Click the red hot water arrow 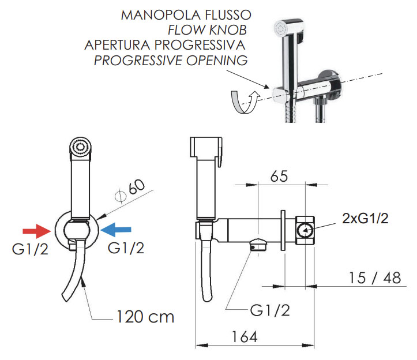click(37, 231)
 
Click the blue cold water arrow click(116, 230)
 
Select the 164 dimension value click(245, 337)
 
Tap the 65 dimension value click(279, 176)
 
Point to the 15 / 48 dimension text click(375, 277)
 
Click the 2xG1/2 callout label click(365, 219)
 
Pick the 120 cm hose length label click(145, 317)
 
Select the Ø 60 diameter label click(130, 189)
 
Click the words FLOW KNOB click(208, 30)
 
